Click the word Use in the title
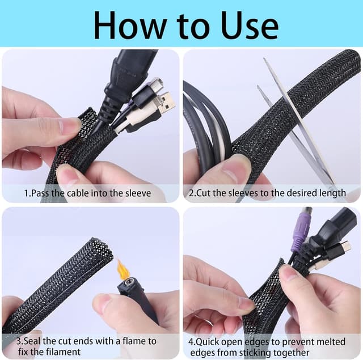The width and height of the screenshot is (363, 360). tap(250, 25)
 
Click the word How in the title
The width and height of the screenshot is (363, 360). tap(130, 25)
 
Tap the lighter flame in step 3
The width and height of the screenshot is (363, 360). tap(121, 269)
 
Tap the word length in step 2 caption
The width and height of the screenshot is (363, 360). tap(333, 193)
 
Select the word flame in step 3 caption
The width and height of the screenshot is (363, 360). tap(134, 341)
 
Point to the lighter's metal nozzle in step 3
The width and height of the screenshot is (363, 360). tap(128, 283)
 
